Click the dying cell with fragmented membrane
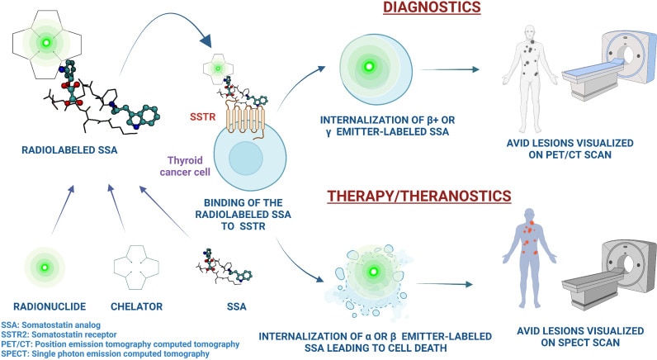point(373,270)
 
